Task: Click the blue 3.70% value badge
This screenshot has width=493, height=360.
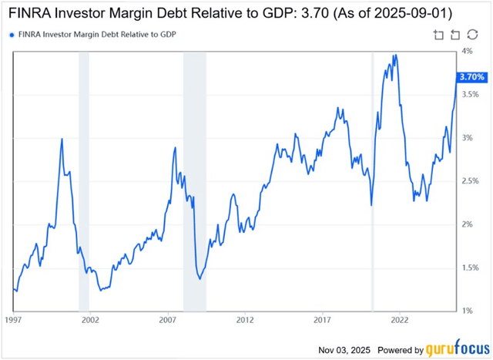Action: [471, 77]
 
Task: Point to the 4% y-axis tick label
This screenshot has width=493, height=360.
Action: [466, 51]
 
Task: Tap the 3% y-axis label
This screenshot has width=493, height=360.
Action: [466, 138]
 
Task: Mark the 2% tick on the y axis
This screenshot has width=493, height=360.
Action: [466, 224]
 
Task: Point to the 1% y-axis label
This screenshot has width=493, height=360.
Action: [466, 311]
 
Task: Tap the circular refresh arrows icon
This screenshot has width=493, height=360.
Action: [454, 34]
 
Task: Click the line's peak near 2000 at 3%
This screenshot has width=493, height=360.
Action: [62, 139]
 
